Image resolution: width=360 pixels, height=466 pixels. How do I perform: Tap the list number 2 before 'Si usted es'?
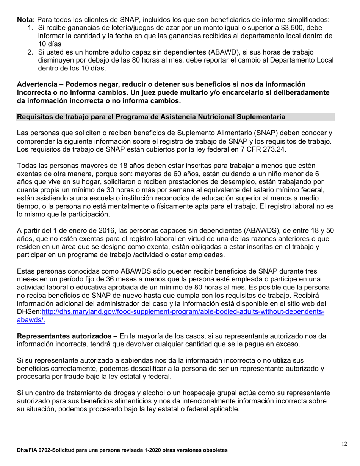click(x=31, y=52)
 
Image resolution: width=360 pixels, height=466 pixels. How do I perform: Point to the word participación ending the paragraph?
click(x=89, y=214)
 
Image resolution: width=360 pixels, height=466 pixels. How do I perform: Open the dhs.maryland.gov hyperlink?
click(x=182, y=312)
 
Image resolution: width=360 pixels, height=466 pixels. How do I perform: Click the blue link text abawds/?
click(x=31, y=320)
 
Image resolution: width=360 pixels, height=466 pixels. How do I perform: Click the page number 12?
click(x=344, y=444)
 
